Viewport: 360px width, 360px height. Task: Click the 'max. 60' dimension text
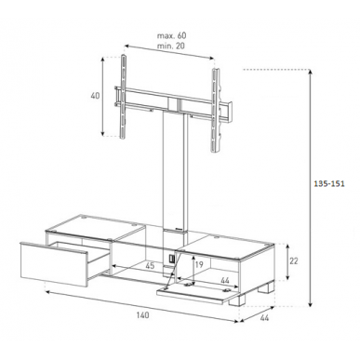coord(171,35)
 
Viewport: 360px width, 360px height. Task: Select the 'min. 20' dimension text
coord(171,46)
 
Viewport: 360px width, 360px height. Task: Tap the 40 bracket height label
coord(95,96)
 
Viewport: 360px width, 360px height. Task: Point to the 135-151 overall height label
coord(329,183)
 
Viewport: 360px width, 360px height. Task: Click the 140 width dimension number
coord(142,315)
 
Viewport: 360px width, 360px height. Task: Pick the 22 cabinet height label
coord(293,261)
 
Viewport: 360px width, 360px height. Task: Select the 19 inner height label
coord(199,264)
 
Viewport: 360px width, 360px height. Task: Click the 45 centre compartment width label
coord(150,266)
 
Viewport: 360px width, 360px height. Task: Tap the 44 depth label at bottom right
coord(264,318)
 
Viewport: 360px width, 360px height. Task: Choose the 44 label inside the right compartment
coord(224,281)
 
